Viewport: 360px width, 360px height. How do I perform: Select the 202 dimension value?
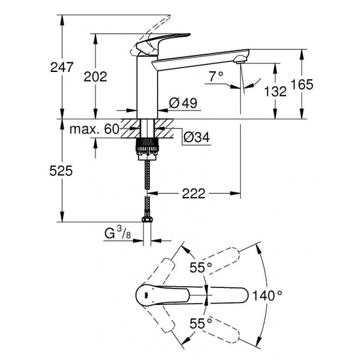96,77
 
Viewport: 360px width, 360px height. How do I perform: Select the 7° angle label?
217,77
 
